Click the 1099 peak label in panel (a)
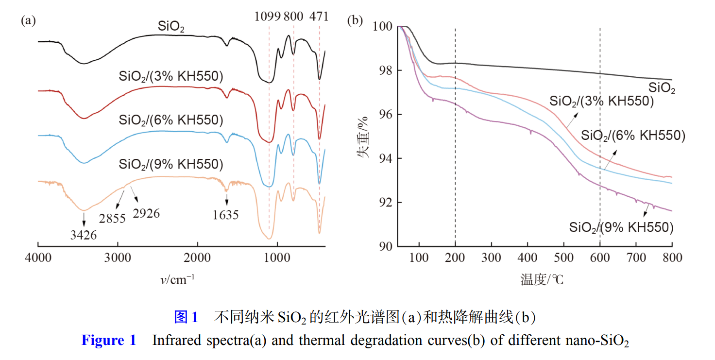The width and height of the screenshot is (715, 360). [268, 17]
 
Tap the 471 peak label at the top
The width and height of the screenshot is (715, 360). [319, 17]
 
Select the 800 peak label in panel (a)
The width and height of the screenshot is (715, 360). [294, 17]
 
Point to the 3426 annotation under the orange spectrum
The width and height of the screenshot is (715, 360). [84, 236]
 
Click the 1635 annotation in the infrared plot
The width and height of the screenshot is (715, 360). [226, 214]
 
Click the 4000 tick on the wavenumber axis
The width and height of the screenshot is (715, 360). [38, 257]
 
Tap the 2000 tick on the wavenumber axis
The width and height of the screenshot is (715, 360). [198, 257]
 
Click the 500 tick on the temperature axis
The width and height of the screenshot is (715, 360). [563, 257]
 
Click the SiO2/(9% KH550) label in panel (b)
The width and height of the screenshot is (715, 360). [621, 227]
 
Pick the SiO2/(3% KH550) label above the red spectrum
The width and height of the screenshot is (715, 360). [171, 77]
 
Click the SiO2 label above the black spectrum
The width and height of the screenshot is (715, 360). [171, 27]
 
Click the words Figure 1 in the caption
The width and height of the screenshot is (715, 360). [109, 341]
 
